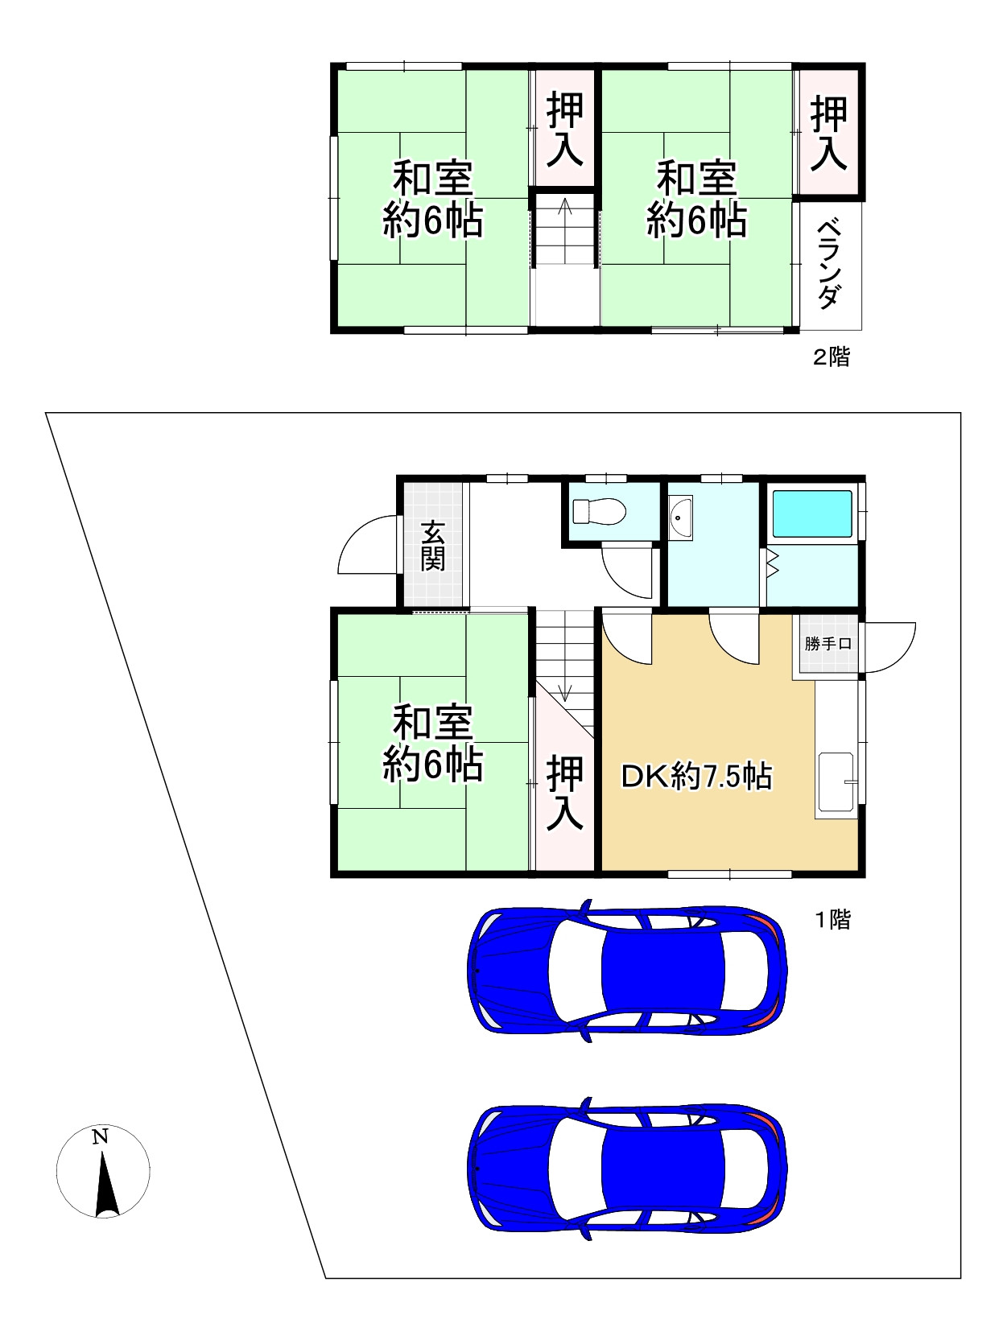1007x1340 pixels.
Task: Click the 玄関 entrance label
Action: tap(432, 545)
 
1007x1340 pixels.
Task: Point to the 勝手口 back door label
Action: tap(827, 644)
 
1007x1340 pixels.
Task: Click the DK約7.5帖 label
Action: tap(696, 777)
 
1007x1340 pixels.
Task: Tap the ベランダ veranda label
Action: tap(829, 263)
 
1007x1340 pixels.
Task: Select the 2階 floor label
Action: tap(832, 357)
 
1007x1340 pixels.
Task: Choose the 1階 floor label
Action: tap(833, 920)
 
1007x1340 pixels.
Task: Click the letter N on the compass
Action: tap(100, 1136)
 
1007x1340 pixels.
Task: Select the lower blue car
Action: tap(627, 1169)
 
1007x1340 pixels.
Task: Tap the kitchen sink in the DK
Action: tap(836, 785)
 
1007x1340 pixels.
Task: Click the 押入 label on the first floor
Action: tap(564, 793)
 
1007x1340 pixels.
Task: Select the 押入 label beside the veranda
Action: tap(828, 134)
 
